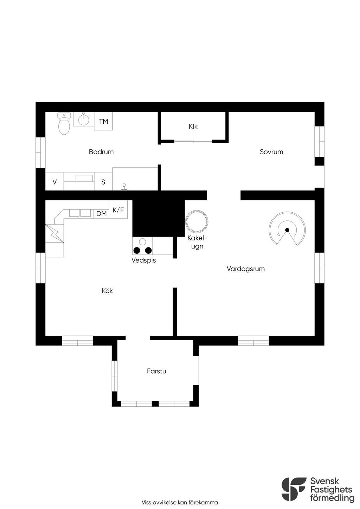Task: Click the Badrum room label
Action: point(101,152)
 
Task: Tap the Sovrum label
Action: point(271,152)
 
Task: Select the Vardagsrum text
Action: point(246,269)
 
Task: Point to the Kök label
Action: point(107,291)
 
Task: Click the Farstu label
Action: point(156,371)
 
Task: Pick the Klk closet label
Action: point(193,127)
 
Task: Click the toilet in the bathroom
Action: point(64,123)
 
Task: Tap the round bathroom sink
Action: point(84,119)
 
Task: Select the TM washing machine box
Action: point(103,121)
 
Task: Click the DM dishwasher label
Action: point(101,214)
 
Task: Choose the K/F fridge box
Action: point(118,210)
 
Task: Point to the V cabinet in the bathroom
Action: point(54,181)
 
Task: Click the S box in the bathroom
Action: point(103,181)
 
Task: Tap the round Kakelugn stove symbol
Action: point(197,221)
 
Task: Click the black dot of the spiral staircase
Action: point(287,230)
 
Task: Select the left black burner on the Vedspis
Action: point(137,250)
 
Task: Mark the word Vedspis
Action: point(144,260)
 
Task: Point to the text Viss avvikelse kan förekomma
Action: point(180,502)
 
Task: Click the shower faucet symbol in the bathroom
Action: point(124,187)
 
